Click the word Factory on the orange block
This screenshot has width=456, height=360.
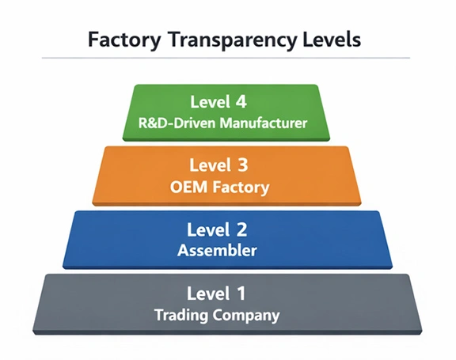242,188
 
